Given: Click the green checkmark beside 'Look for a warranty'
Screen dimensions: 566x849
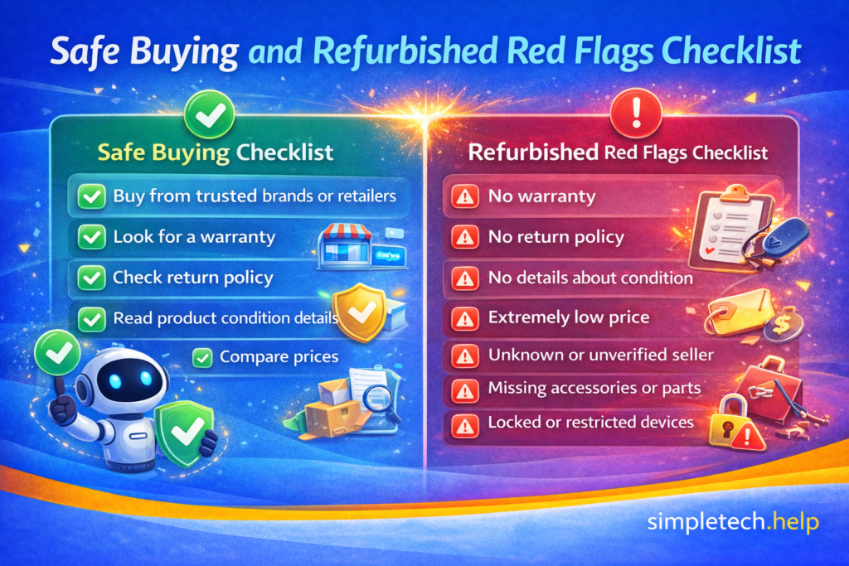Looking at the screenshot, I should click(x=89, y=237).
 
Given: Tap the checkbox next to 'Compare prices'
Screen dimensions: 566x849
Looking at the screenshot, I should click(x=201, y=358).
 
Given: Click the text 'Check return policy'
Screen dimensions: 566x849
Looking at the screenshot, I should click(x=192, y=278).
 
